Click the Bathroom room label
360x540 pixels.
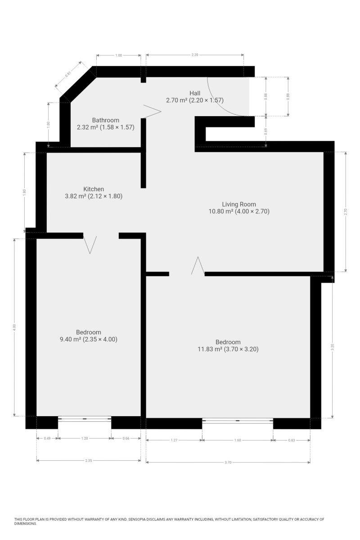[x=105, y=120]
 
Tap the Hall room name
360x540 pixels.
[x=194, y=93]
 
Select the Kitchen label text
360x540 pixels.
[x=94, y=189]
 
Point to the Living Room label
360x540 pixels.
[x=238, y=204]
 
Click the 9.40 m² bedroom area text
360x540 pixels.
[x=70, y=339]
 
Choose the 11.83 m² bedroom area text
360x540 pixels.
[x=210, y=349]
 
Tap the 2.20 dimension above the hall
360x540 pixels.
[x=194, y=55]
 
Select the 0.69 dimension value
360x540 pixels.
[x=265, y=131]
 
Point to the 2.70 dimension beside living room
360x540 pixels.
[x=346, y=211]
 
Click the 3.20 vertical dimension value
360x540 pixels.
[x=332, y=347]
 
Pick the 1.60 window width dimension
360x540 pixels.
[x=238, y=440]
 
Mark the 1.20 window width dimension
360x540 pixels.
[x=85, y=438]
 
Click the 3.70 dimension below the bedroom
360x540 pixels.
[x=228, y=462]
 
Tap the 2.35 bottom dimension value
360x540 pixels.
[x=89, y=460]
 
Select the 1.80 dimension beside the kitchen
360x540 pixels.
[x=24, y=192]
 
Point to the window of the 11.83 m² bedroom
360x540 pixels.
[x=238, y=421]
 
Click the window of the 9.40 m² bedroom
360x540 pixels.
[x=85, y=419]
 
